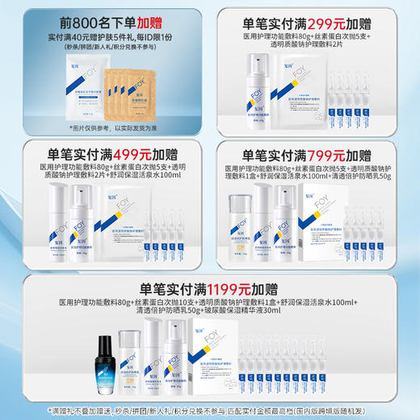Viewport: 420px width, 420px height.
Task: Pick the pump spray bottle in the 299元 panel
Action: tap(259, 85)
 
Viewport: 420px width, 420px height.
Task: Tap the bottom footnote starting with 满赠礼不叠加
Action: tap(209, 410)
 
